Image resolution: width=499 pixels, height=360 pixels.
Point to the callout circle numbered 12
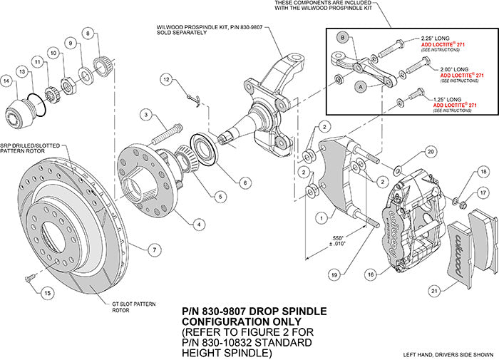[166, 81]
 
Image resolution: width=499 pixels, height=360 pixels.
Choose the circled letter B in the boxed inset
[343, 38]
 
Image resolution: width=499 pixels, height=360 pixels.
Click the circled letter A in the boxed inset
[360, 84]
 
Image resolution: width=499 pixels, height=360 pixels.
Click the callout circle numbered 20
[430, 152]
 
